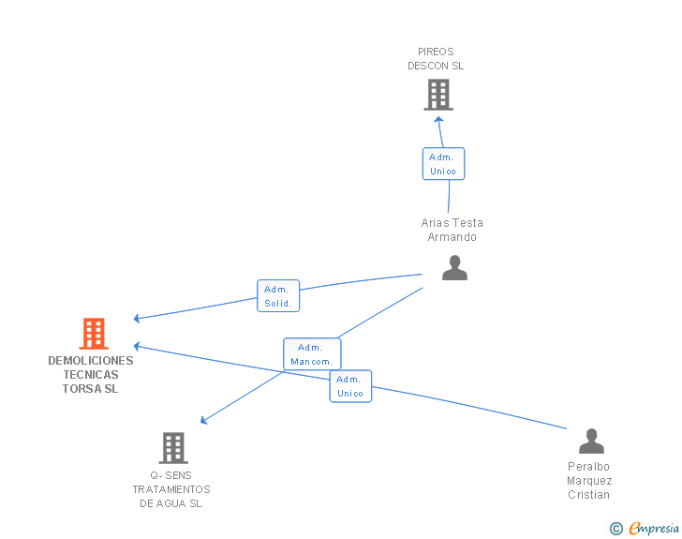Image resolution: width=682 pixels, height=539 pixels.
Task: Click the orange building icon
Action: click(x=94, y=334)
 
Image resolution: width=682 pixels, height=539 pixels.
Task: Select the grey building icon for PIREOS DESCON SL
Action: click(x=438, y=95)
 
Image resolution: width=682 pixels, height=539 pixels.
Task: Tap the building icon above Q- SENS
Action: click(x=173, y=447)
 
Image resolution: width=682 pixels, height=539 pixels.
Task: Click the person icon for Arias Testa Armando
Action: click(x=454, y=268)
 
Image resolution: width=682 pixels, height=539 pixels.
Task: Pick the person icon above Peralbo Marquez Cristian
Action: click(x=591, y=441)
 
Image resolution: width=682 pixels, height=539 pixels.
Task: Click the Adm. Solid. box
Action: click(x=278, y=295)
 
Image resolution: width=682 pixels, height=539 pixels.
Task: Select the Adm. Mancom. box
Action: click(x=312, y=354)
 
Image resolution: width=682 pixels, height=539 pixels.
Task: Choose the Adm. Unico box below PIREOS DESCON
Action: click(x=444, y=164)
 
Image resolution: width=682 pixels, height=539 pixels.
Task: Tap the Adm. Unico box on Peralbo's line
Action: click(x=350, y=386)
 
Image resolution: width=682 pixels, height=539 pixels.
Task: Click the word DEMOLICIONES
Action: click(x=91, y=361)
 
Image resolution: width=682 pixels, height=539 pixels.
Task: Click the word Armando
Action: click(x=452, y=237)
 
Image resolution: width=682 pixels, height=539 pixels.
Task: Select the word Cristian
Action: click(x=589, y=495)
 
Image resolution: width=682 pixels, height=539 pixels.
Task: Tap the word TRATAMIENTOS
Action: click(x=171, y=489)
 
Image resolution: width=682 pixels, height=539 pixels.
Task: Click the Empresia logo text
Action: click(x=654, y=528)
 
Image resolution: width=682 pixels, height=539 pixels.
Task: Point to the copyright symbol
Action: click(x=616, y=529)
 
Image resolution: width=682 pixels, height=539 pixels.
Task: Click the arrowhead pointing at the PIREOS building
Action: click(x=438, y=119)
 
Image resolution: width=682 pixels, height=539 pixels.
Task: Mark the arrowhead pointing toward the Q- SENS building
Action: click(x=203, y=420)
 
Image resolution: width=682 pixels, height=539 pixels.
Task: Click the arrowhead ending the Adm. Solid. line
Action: click(x=137, y=319)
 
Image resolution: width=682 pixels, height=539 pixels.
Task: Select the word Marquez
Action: click(x=589, y=481)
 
